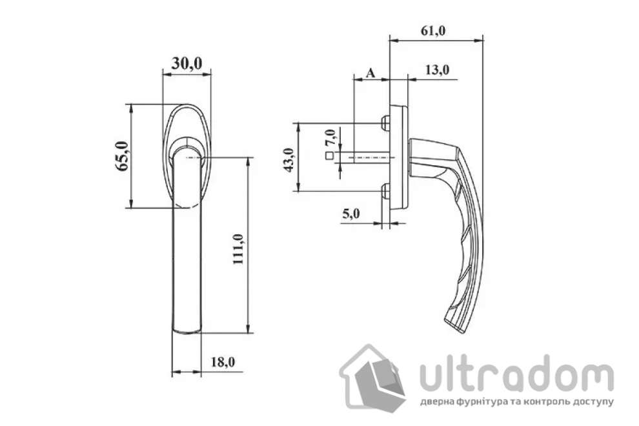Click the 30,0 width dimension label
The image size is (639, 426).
187,63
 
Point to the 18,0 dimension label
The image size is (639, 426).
223,363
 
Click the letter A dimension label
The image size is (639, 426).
370,73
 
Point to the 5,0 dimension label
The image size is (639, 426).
352,214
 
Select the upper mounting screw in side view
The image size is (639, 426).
385,121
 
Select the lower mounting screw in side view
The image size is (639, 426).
385,190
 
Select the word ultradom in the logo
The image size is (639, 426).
516,377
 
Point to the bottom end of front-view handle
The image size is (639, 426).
187,330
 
